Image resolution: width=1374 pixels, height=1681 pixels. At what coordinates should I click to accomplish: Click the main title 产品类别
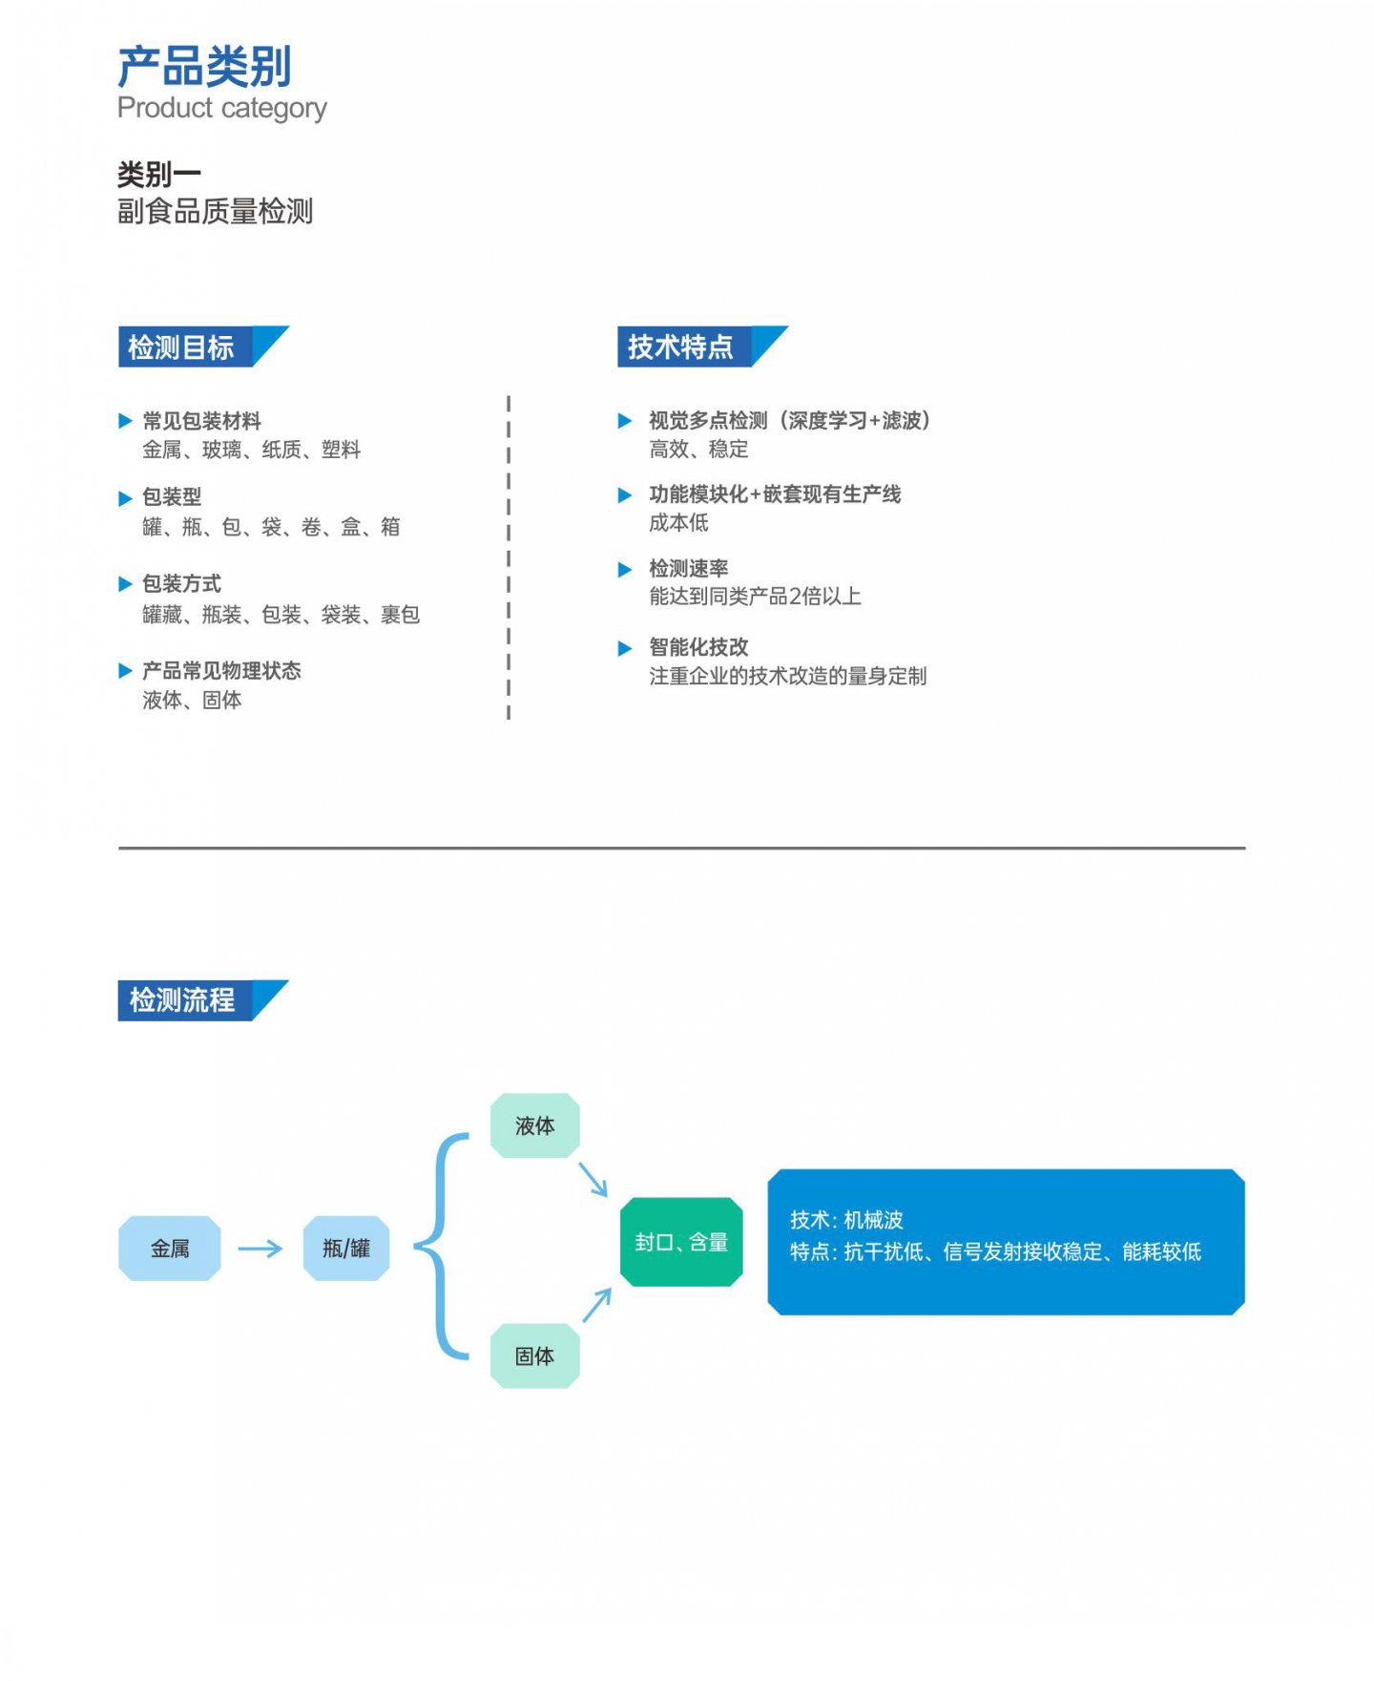pyautogui.click(x=204, y=66)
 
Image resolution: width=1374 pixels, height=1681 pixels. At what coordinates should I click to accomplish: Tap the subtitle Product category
pyautogui.click(x=221, y=108)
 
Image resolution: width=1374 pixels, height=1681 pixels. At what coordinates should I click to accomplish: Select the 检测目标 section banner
pyautogui.click(x=203, y=347)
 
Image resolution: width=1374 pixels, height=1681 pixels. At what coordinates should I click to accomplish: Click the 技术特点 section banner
pyautogui.click(x=702, y=347)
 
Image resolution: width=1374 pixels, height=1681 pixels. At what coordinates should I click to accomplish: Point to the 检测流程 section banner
pyautogui.click(x=203, y=1000)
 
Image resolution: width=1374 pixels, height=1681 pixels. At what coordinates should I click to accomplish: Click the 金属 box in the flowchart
pyautogui.click(x=170, y=1248)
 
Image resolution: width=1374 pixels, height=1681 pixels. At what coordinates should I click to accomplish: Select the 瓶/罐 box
pyautogui.click(x=346, y=1248)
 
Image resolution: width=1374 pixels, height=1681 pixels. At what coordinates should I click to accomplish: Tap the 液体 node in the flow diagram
pyautogui.click(x=534, y=1125)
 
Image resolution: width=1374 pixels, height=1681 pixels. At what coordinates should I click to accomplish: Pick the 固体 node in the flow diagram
pyautogui.click(x=534, y=1355)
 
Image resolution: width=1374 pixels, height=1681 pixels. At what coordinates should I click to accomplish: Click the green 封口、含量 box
pyautogui.click(x=681, y=1242)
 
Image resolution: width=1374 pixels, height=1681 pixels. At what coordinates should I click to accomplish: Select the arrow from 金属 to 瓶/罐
pyautogui.click(x=260, y=1249)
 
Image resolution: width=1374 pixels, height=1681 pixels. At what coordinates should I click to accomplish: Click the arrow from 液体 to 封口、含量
pyautogui.click(x=593, y=1179)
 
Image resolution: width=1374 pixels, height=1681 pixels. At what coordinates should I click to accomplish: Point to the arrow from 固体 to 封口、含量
pyautogui.click(x=596, y=1305)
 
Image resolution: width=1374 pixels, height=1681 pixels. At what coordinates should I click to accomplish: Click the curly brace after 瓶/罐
pyautogui.click(x=440, y=1246)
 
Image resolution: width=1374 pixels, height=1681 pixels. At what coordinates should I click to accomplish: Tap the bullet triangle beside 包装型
pyautogui.click(x=125, y=498)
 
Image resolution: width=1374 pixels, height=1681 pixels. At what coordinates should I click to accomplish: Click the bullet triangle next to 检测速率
pyautogui.click(x=625, y=570)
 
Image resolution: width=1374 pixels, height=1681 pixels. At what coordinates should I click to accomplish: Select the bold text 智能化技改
pyautogui.click(x=698, y=647)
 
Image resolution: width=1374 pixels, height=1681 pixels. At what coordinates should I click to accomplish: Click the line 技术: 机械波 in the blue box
pyautogui.click(x=846, y=1219)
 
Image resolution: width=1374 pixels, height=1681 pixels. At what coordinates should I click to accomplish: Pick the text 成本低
pyautogui.click(x=678, y=522)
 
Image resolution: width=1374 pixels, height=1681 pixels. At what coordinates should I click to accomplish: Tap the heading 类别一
pyautogui.click(x=159, y=174)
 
